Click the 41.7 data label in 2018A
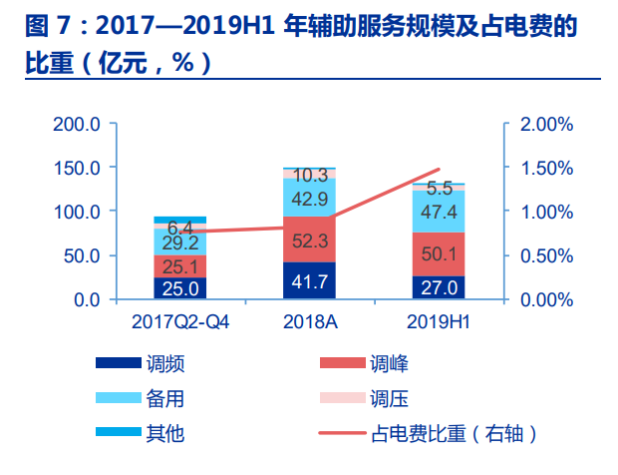(x=309, y=282)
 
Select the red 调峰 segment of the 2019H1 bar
(x=439, y=253)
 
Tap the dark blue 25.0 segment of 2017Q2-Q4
(x=180, y=288)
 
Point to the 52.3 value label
(x=309, y=239)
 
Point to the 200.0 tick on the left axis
(x=77, y=125)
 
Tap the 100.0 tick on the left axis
(x=77, y=212)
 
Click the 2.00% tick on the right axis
(x=545, y=125)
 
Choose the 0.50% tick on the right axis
(x=545, y=255)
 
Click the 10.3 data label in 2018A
(x=311, y=176)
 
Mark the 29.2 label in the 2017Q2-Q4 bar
(x=180, y=242)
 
